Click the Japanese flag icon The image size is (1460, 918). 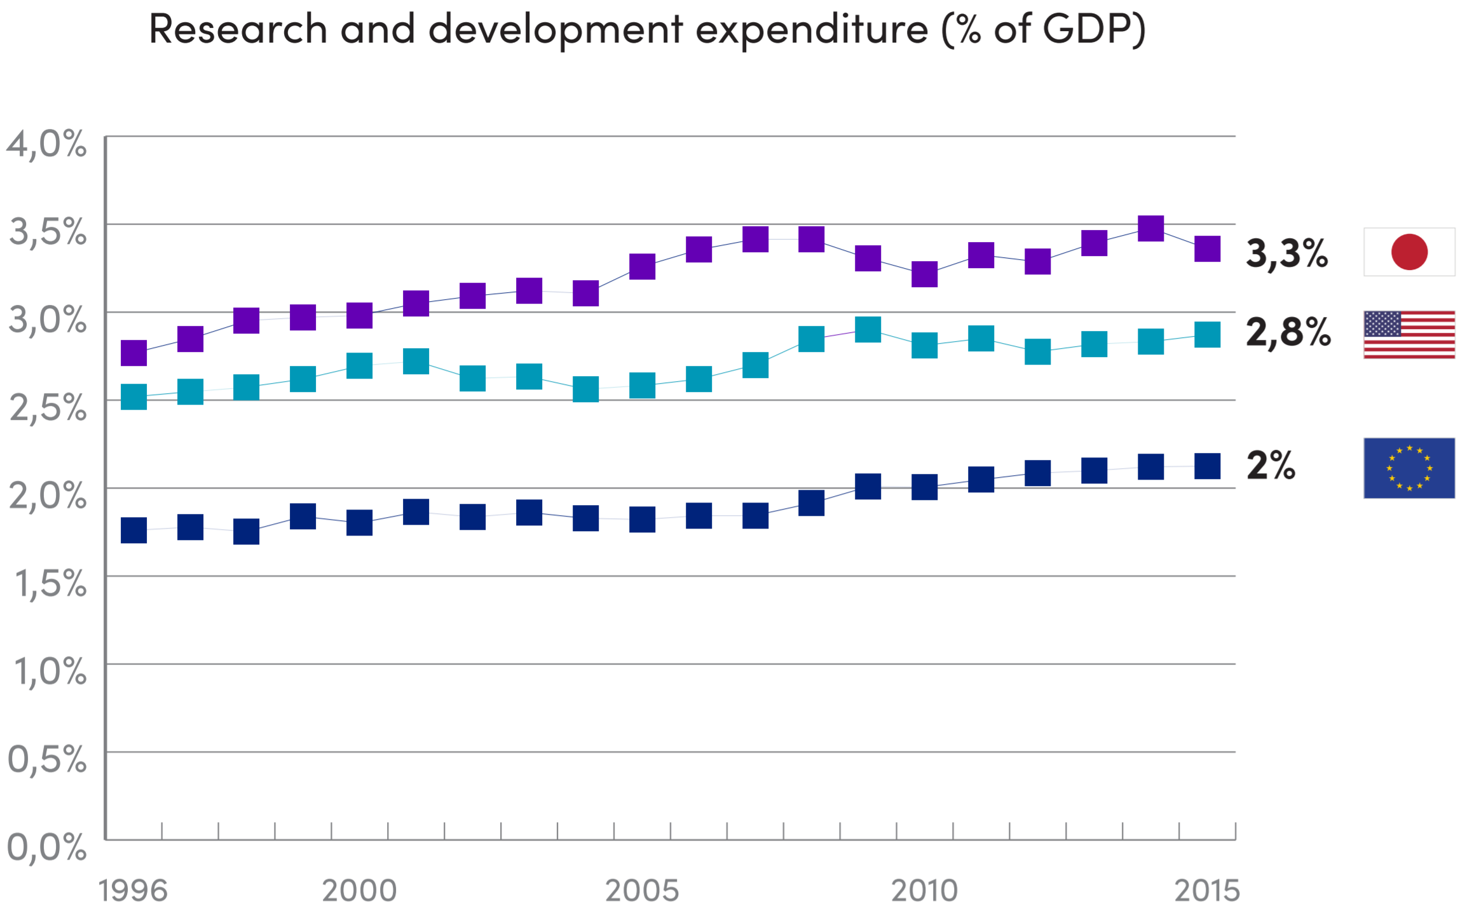1409,252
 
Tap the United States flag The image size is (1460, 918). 1409,335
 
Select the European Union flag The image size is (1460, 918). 1409,468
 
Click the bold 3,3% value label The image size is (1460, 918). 1286,253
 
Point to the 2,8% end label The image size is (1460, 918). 1288,332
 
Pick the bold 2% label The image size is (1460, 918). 1271,465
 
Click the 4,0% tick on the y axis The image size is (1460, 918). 46,144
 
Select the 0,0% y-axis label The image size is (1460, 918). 46,847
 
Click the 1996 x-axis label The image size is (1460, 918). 133,891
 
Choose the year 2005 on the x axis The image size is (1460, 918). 642,891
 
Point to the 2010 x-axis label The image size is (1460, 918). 924,891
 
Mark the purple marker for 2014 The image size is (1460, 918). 1150,228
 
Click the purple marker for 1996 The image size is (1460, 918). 133,353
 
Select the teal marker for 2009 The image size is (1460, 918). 868,329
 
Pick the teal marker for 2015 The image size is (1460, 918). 1207,335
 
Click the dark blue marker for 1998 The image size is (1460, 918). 246,531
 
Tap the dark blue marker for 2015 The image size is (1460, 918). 1207,466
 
